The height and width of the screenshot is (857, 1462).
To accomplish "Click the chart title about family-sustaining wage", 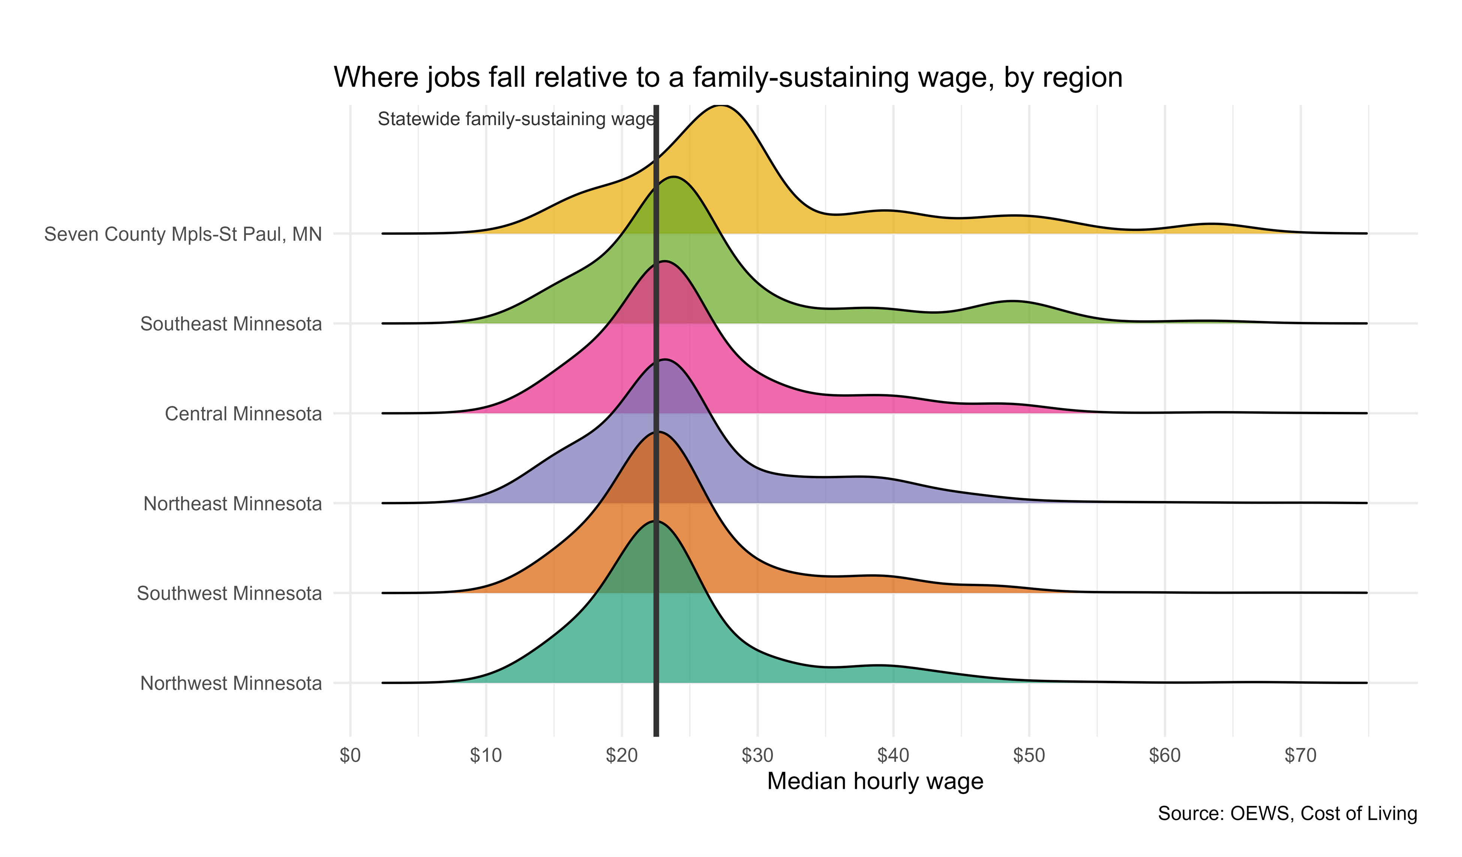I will (728, 78).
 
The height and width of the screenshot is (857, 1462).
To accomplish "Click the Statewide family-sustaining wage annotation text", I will (516, 120).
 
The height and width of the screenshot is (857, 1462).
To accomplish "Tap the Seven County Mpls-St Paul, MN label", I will (183, 234).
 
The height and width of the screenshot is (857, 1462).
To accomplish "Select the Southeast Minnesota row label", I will (231, 324).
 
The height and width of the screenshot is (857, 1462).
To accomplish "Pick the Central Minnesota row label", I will (243, 414).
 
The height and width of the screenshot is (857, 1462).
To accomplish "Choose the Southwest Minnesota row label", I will (229, 594).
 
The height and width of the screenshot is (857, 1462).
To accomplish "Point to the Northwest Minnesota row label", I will (231, 684).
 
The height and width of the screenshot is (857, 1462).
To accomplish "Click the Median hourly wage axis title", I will (875, 782).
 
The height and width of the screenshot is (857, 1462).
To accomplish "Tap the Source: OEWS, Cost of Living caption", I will (1287, 814).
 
